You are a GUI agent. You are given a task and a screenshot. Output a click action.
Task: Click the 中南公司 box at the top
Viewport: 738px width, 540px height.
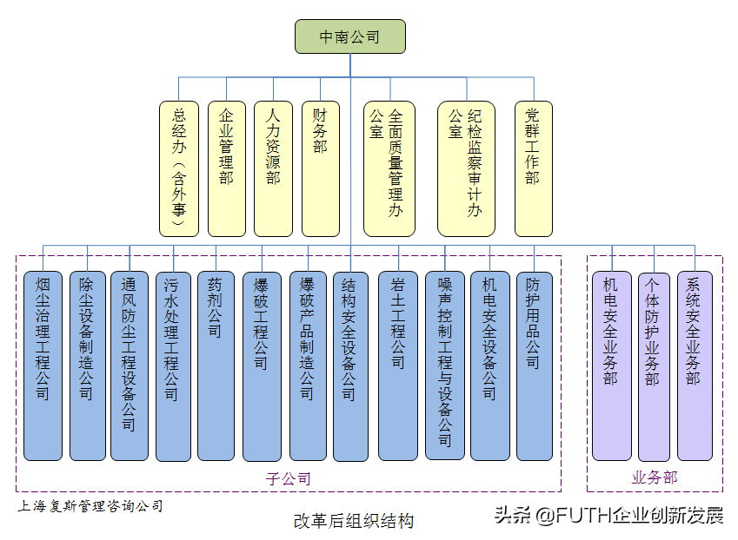pyautogui.click(x=349, y=36)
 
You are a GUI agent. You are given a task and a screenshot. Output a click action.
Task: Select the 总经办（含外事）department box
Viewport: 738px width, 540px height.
pyautogui.click(x=179, y=168)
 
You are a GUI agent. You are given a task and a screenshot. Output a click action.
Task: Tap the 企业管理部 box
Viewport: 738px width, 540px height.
pyautogui.click(x=227, y=168)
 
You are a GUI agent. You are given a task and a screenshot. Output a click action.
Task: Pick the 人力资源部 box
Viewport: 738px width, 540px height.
pyautogui.click(x=273, y=168)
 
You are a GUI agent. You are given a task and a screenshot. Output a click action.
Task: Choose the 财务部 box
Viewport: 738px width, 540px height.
pyautogui.click(x=320, y=168)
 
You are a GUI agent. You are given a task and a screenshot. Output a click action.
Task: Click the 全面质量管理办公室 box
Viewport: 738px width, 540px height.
pyautogui.click(x=389, y=168)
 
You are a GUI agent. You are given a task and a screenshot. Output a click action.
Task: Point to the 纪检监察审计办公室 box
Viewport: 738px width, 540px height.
pyautogui.click(x=466, y=168)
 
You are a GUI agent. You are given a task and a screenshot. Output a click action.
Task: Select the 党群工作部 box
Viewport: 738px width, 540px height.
pyautogui.click(x=533, y=168)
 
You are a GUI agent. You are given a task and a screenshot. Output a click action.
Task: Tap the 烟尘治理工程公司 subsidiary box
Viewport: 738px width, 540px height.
pyautogui.click(x=43, y=365)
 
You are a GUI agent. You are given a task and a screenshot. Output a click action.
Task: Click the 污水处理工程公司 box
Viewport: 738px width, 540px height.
pyautogui.click(x=172, y=365)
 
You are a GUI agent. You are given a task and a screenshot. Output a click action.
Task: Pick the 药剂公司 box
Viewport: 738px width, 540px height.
pyautogui.click(x=216, y=365)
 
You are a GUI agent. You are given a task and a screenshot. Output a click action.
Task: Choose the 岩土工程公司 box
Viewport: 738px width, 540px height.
pyautogui.click(x=398, y=365)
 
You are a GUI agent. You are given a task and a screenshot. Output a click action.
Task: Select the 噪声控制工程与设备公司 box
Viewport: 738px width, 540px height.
pyautogui.click(x=444, y=365)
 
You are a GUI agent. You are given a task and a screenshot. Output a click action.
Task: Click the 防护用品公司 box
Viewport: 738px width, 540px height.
pyautogui.click(x=534, y=365)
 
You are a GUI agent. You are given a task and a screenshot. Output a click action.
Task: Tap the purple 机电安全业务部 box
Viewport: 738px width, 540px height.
pyautogui.click(x=611, y=365)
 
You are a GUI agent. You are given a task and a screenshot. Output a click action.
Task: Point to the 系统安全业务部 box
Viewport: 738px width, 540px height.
pyautogui.click(x=694, y=365)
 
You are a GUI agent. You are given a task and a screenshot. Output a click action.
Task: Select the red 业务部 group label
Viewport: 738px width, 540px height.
pyautogui.click(x=654, y=477)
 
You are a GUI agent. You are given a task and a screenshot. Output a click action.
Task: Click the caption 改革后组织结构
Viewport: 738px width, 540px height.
pyautogui.click(x=353, y=521)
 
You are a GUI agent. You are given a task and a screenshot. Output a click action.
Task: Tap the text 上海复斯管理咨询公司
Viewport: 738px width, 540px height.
pyautogui.click(x=90, y=505)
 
